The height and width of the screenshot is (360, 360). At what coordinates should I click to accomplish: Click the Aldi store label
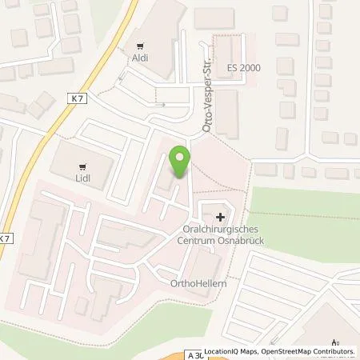click(141, 58)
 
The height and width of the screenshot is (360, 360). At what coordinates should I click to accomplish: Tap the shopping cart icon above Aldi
click(141, 45)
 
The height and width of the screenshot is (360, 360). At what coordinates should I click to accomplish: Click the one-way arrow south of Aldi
click(161, 104)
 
